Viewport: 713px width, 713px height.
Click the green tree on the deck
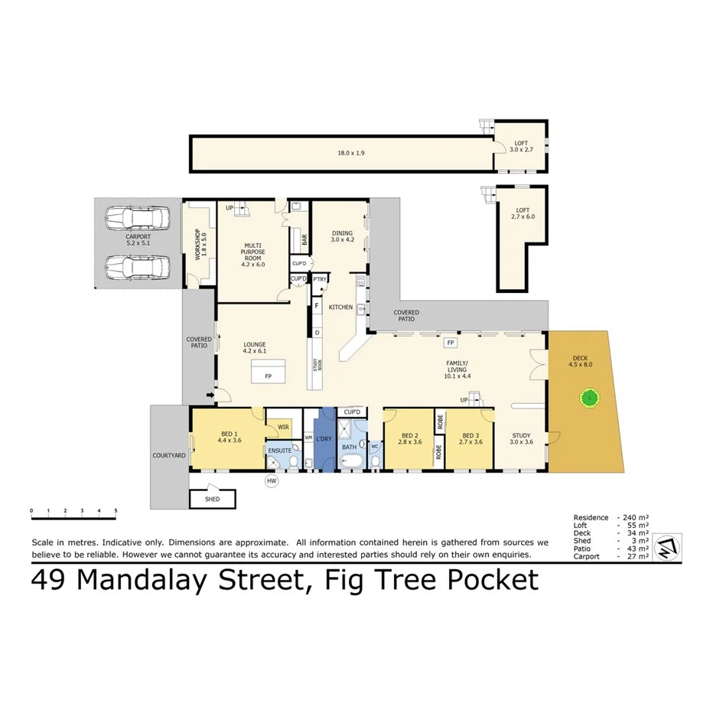click(x=589, y=397)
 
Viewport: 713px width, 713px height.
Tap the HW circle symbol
click(x=270, y=481)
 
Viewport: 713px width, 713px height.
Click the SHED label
click(x=212, y=500)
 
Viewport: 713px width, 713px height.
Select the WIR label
click(x=283, y=427)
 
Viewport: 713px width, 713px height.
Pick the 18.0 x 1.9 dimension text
click(x=351, y=153)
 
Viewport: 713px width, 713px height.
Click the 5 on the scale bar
click(x=116, y=510)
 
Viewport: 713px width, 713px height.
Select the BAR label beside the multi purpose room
click(x=304, y=239)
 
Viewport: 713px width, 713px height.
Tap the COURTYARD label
click(x=169, y=455)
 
